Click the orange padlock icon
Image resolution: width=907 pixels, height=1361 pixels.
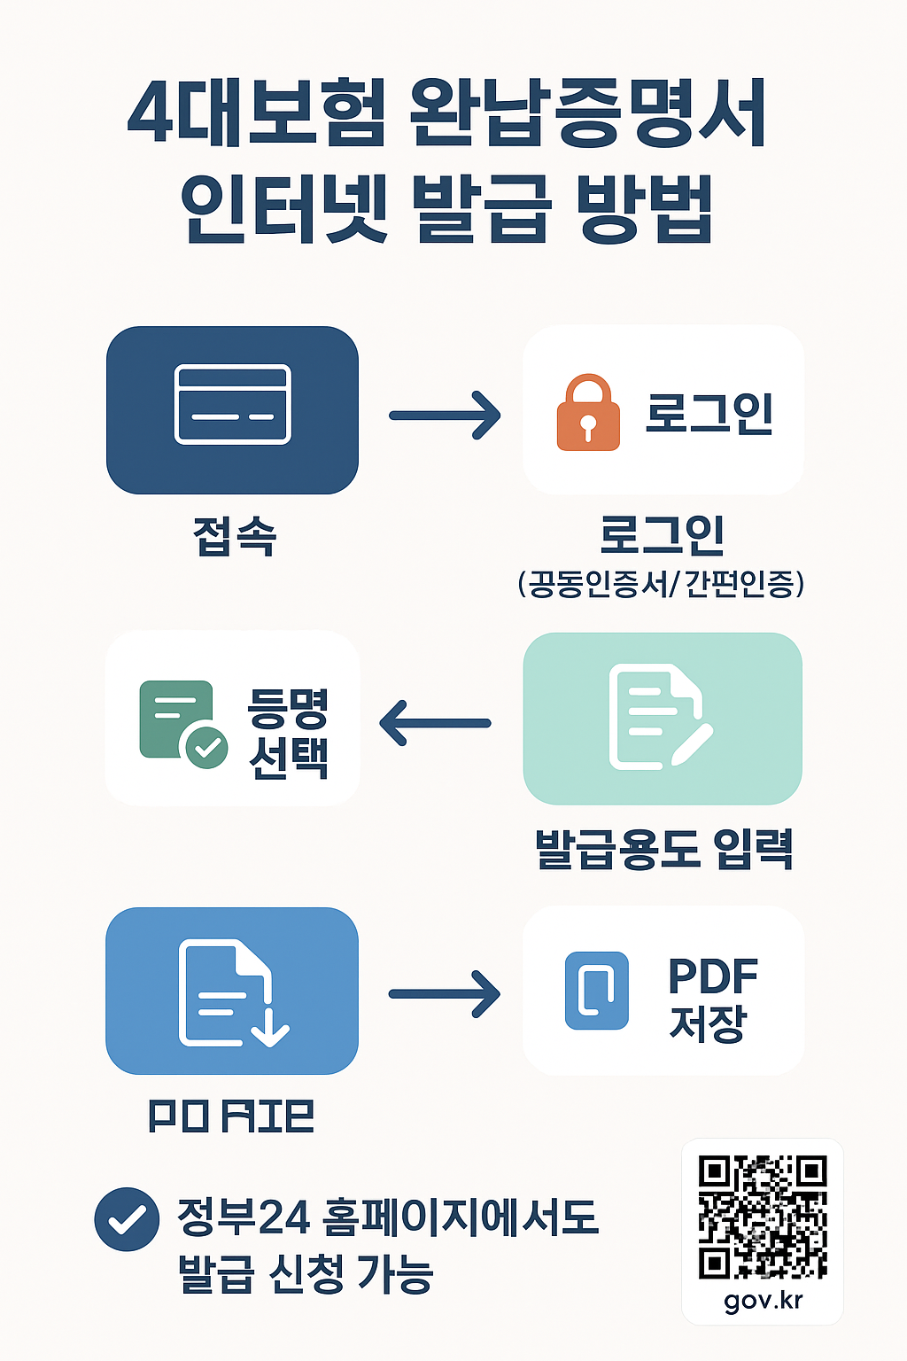tap(587, 414)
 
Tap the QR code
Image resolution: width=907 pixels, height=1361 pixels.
tap(762, 1217)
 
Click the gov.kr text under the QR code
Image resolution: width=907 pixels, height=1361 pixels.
tap(763, 1300)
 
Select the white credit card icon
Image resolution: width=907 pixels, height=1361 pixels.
tap(232, 404)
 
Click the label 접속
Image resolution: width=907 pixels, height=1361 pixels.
tap(235, 536)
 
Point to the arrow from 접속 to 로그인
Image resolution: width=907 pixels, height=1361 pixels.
tap(445, 415)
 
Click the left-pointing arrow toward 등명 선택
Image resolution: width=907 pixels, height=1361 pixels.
tap(435, 722)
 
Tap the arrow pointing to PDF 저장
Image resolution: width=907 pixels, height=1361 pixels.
tap(445, 993)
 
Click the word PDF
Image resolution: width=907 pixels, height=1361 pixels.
tap(712, 976)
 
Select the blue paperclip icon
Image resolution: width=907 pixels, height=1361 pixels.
tap(596, 990)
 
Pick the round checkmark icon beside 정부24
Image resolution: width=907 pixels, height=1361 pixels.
tap(127, 1219)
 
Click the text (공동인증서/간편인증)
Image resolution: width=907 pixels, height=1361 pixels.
tap(661, 584)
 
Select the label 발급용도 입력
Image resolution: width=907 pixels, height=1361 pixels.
tap(663, 849)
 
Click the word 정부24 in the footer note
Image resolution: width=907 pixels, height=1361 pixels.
tap(244, 1217)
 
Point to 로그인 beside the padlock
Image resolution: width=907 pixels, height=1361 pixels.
tap(709, 413)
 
